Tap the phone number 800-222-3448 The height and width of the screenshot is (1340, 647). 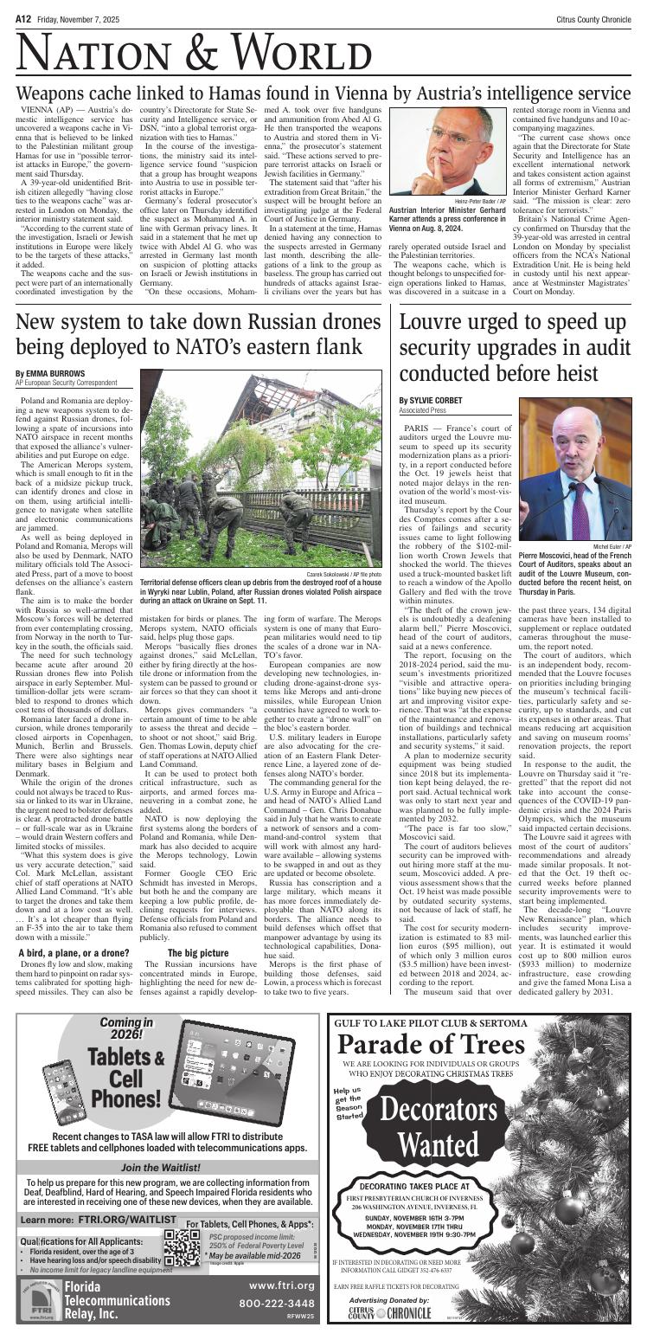tap(276, 1303)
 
